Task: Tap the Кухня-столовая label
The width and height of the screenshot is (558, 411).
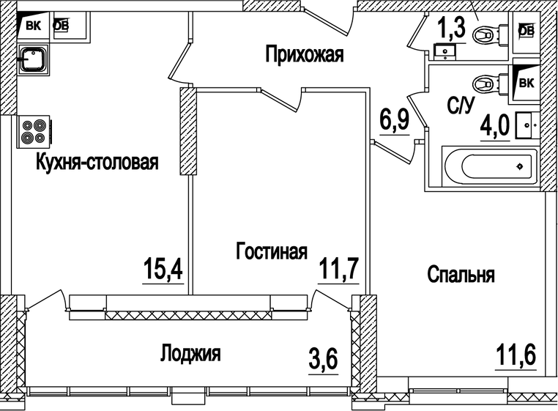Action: pos(97,162)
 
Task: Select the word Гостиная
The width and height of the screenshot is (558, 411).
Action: pos(271,252)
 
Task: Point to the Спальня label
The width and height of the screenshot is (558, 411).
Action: pos(461,275)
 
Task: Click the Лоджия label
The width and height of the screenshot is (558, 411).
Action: pos(190,355)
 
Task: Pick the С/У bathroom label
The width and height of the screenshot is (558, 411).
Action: pos(459,107)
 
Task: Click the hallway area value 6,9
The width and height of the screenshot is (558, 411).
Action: pos(394,120)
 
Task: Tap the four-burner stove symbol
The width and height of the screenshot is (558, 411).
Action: pos(34,130)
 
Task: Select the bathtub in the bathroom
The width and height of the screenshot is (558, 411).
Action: pos(489,166)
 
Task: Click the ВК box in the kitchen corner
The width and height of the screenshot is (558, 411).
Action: pos(32,26)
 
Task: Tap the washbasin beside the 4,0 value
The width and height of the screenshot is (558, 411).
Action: pos(527,126)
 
